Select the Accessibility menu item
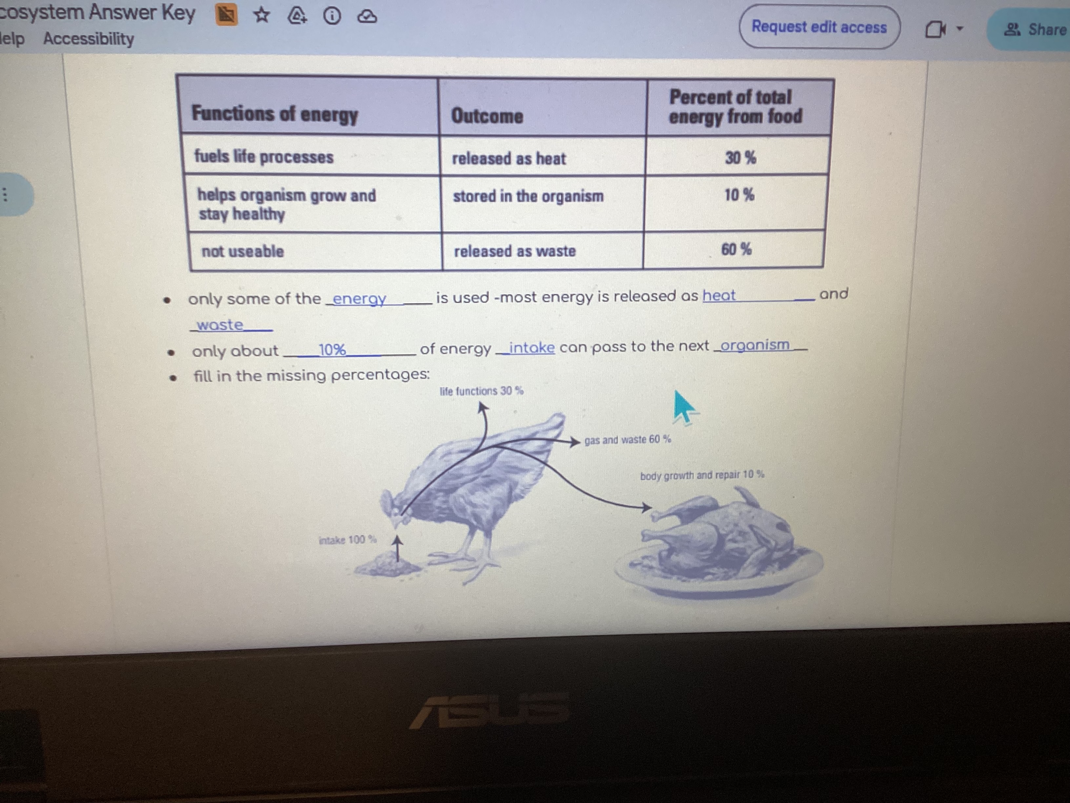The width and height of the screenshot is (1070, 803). [x=89, y=39]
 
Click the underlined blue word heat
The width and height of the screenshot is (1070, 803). [x=719, y=295]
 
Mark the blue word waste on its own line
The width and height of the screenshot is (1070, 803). [x=220, y=325]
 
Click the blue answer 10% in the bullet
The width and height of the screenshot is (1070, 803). [x=332, y=349]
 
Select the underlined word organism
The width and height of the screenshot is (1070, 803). [x=755, y=345]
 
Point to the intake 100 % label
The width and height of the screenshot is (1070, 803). [x=347, y=540]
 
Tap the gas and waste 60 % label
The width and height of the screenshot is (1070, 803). [x=627, y=440]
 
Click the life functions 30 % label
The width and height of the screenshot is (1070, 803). [x=481, y=391]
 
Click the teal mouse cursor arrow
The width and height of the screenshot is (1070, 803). [x=684, y=407]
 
